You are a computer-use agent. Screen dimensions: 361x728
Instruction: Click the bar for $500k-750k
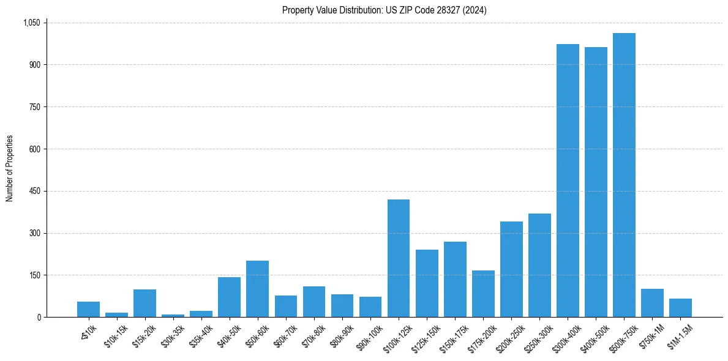[624, 175]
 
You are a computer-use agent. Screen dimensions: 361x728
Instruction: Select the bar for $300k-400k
[568, 180]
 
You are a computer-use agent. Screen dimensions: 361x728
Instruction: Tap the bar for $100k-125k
[399, 258]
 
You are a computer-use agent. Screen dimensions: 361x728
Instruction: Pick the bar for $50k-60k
[257, 289]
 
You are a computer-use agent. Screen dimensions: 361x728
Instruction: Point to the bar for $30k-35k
[173, 316]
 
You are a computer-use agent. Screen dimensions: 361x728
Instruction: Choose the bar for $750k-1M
[652, 303]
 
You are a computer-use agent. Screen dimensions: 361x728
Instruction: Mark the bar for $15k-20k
[144, 303]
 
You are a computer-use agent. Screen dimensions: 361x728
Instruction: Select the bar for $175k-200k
[483, 294]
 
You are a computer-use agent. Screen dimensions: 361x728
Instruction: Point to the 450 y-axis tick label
[35, 191]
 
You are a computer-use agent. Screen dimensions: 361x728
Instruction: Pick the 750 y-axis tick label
[35, 107]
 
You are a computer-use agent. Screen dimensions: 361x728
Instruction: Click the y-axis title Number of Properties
[9, 169]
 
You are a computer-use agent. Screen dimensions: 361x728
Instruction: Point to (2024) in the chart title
[476, 10]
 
